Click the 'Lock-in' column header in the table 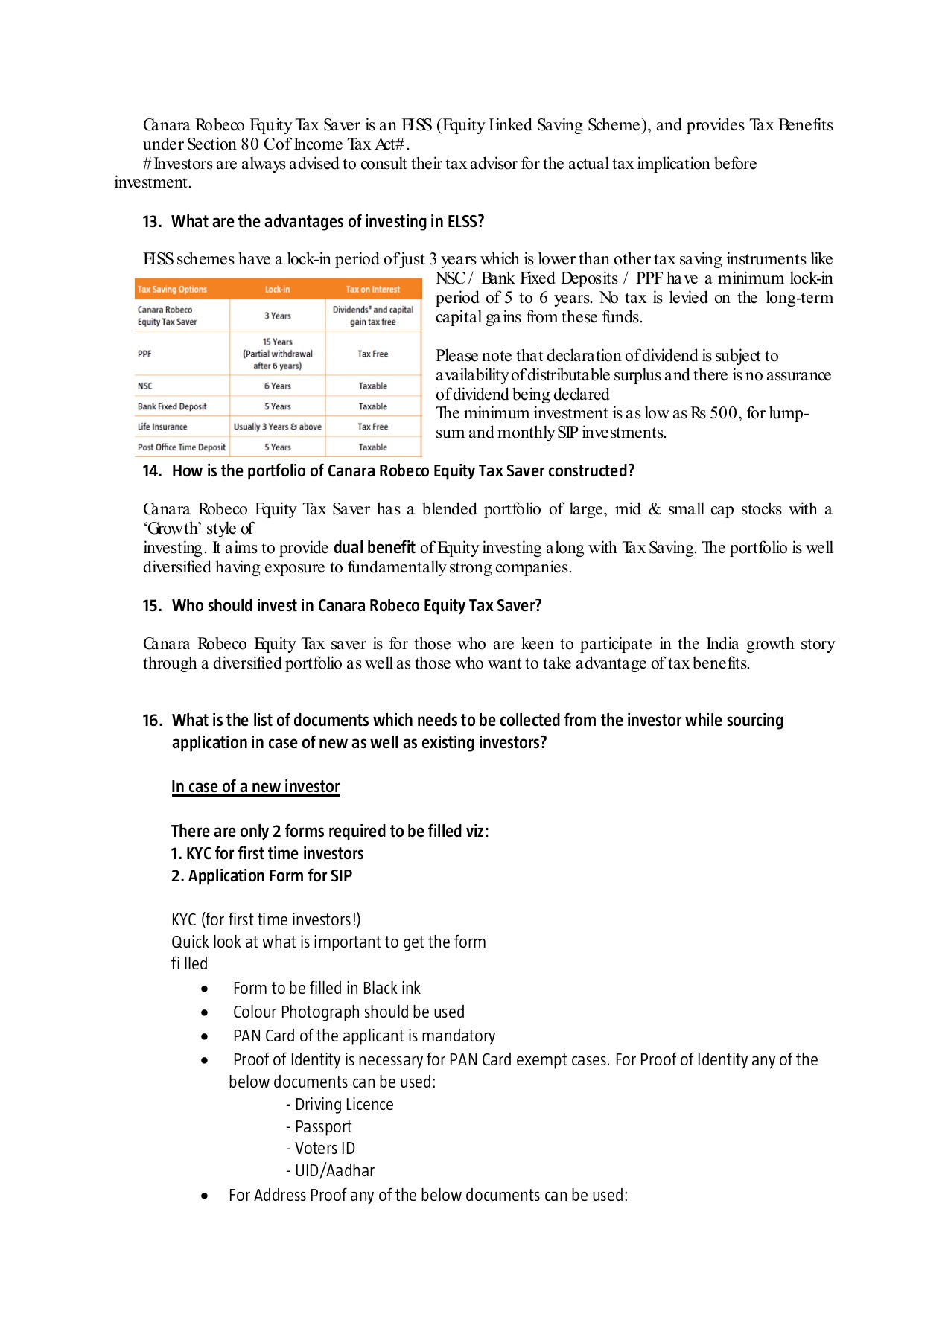click(277, 290)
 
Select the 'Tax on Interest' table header click(372, 290)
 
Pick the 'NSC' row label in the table click(145, 386)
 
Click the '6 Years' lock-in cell click(277, 386)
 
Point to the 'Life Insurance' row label click(162, 427)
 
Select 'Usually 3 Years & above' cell click(277, 427)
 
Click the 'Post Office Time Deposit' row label click(181, 447)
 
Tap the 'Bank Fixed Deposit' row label click(172, 406)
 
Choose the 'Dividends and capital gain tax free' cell click(372, 316)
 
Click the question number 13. click(151, 222)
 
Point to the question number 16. click(151, 721)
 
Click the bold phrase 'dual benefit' click(374, 548)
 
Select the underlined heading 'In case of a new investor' click(255, 787)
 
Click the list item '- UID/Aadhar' click(330, 1171)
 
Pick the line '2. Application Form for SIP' click(261, 876)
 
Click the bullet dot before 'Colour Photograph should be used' click(205, 1013)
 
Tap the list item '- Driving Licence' click(340, 1105)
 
